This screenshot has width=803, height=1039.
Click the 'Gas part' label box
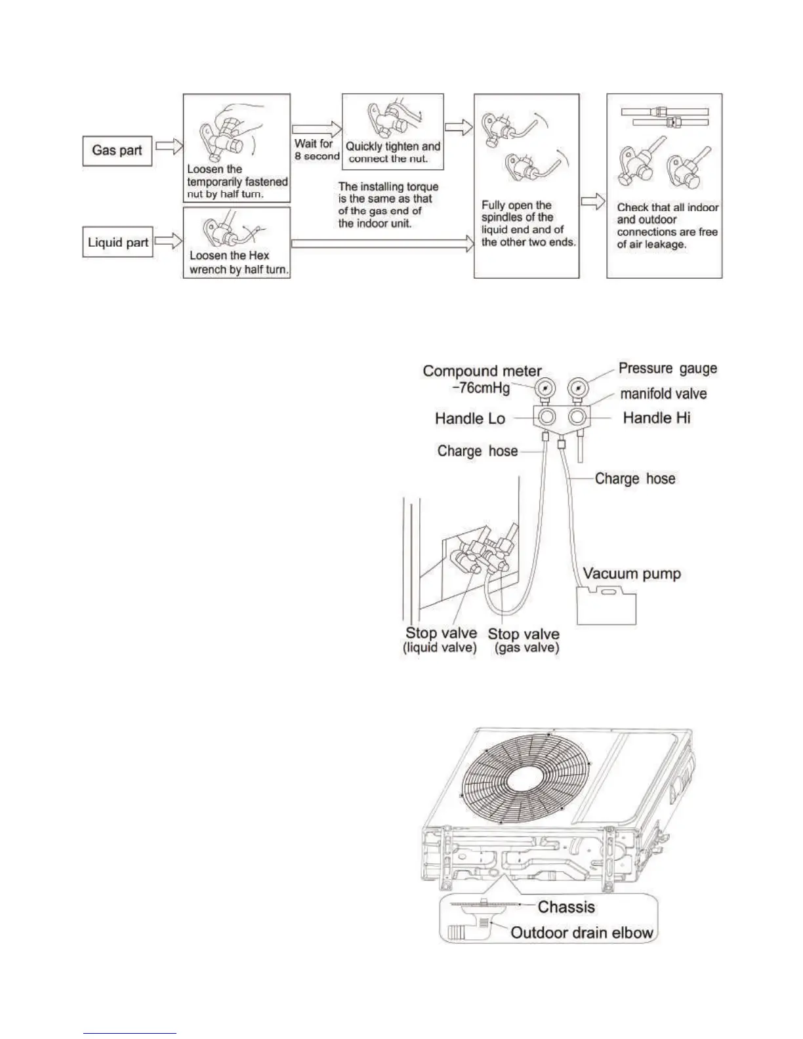tap(117, 151)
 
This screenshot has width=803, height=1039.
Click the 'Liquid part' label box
tap(118, 243)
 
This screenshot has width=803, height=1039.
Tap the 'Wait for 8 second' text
tap(316, 150)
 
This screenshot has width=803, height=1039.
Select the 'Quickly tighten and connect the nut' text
tap(392, 152)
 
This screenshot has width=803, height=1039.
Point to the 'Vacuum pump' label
tap(632, 574)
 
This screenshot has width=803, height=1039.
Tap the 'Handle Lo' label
tap(470, 418)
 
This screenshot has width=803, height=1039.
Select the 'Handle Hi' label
tap(656, 418)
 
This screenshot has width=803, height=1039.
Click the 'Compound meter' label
tap(482, 371)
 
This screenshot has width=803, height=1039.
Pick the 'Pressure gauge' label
tap(667, 369)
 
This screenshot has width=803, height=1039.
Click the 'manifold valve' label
tap(663, 394)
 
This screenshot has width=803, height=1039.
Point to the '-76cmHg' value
tap(482, 388)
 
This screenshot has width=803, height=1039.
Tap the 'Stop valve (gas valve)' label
tap(524, 640)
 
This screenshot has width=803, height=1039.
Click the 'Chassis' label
tap(566, 907)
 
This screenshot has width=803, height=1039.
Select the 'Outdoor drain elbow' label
tap(582, 933)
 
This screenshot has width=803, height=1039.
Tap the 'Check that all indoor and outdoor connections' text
tap(667, 226)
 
